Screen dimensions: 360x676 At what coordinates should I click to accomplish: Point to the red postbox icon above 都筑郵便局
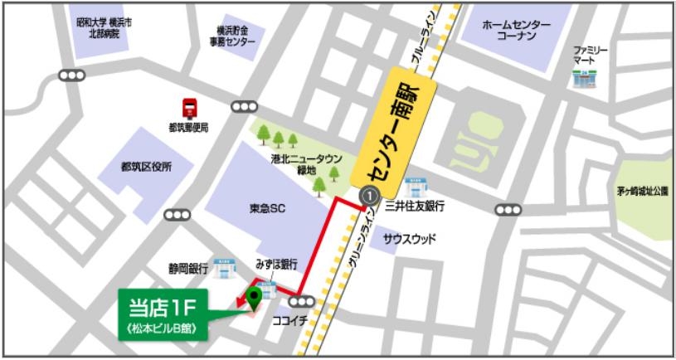pyautogui.click(x=189, y=107)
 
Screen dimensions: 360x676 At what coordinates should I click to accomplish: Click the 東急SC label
pyautogui.click(x=267, y=209)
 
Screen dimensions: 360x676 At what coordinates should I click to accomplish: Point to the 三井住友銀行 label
pyautogui.click(x=414, y=206)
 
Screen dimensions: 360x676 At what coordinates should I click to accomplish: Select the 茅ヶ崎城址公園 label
pyautogui.click(x=642, y=191)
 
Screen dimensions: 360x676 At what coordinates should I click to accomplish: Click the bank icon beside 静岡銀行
pyautogui.click(x=222, y=267)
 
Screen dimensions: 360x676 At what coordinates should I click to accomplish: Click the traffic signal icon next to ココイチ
pyautogui.click(x=303, y=302)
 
